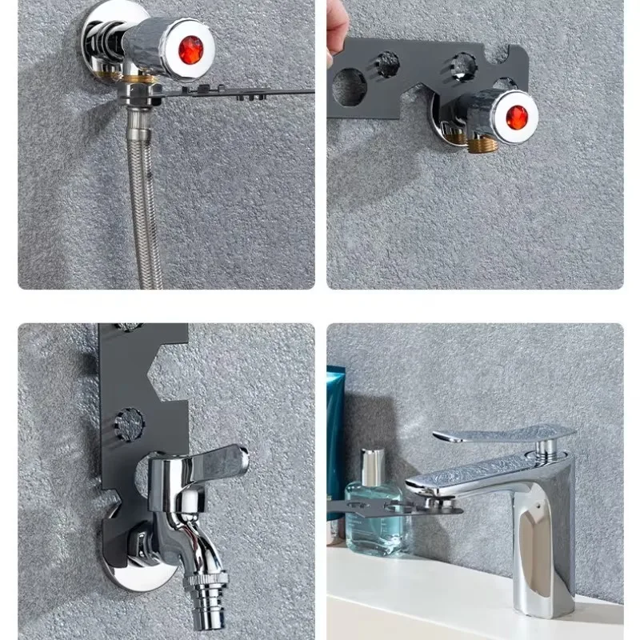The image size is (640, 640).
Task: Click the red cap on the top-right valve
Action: (517, 117)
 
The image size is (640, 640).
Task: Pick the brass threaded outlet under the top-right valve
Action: (482, 144)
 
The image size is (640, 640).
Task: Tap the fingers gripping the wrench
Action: (337, 32)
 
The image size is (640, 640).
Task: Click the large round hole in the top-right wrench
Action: (350, 86)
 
